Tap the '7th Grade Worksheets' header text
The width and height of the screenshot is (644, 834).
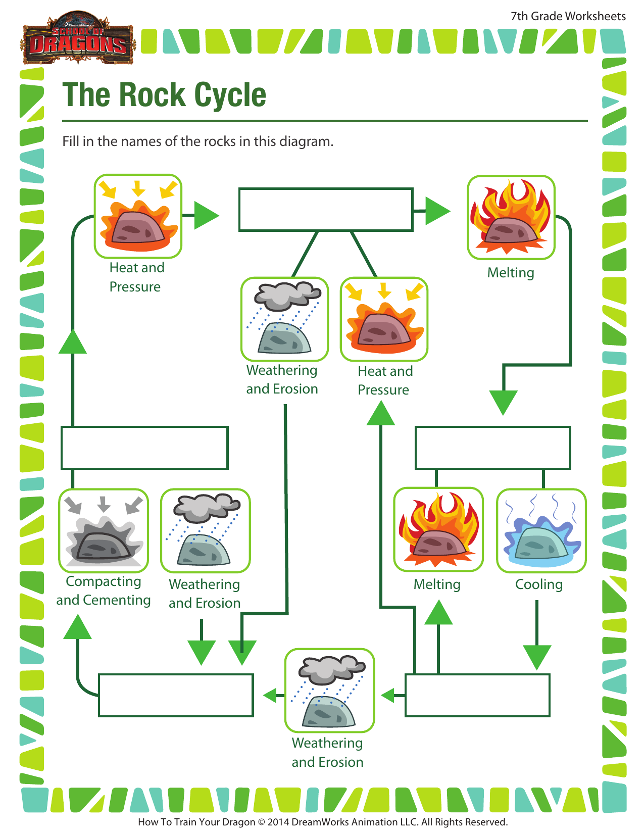(568, 16)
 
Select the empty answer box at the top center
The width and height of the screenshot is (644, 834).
(326, 210)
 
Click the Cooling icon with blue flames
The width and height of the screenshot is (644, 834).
(541, 530)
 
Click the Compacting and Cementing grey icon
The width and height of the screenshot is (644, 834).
(104, 530)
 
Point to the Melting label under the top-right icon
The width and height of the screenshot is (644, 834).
(510, 273)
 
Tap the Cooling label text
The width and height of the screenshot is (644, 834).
(538, 584)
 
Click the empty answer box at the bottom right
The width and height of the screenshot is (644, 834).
(477, 695)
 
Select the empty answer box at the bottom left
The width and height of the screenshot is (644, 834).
(176, 695)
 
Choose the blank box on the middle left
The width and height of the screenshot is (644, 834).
(144, 448)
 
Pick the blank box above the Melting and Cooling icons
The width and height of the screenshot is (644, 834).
(492, 448)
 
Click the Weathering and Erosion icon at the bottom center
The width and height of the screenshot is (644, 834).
(329, 691)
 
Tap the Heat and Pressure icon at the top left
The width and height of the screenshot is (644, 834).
(138, 216)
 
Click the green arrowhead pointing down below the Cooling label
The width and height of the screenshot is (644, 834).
(536, 657)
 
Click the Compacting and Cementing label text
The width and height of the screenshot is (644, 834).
(103, 591)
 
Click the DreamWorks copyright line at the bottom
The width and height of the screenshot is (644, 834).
(322, 822)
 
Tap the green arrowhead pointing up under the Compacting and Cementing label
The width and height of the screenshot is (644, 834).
(77, 628)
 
